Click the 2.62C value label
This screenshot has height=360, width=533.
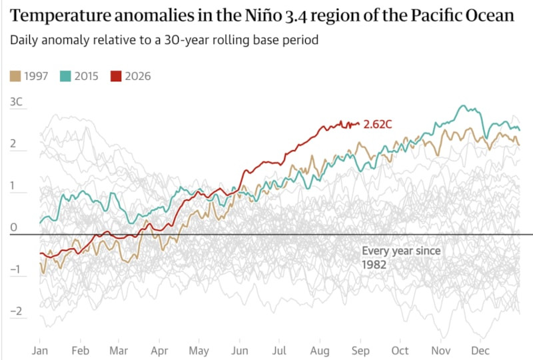pos(378,124)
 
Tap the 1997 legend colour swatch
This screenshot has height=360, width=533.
pos(15,76)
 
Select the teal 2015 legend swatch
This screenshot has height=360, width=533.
pos(65,76)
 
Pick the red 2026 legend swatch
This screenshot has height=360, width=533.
pos(116,76)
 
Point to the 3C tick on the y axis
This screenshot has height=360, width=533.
pos(16,102)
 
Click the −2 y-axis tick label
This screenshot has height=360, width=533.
pos(16,311)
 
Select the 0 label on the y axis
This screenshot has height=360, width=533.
pos(13,227)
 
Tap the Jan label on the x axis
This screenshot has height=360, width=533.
pos(40,351)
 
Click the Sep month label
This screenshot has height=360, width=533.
pos(360,351)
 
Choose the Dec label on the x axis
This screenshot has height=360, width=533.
pos(480,351)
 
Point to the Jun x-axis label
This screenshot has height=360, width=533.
pos(240,351)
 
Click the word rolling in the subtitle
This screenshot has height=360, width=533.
pos(227,40)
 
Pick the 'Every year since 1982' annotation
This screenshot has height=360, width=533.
pos(401,257)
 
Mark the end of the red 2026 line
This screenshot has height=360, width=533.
pos(359,124)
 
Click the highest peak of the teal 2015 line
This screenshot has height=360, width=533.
pos(462,105)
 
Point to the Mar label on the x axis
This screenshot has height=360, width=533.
pos(119,351)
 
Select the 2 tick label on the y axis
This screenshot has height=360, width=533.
pos(13,143)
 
